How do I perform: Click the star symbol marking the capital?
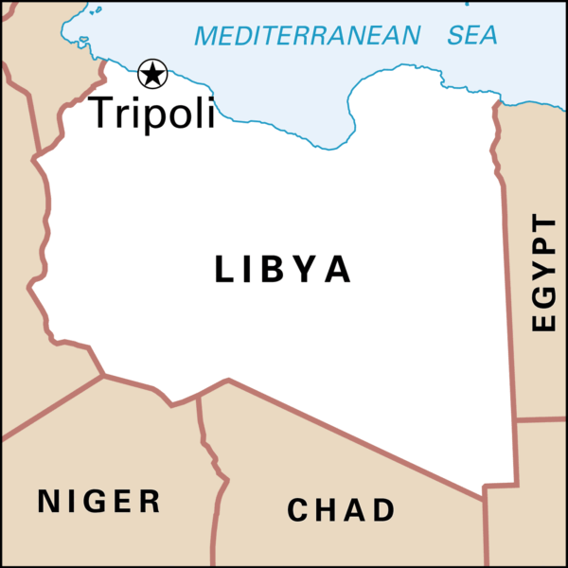coord(152,73)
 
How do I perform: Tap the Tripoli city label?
coord(151,112)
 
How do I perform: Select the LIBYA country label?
coord(283,270)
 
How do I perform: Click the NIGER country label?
coord(99,501)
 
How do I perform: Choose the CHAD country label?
coord(341,510)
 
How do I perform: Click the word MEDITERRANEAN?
coord(307,36)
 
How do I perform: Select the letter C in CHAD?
coord(298,510)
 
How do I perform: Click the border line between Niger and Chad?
coord(217,473)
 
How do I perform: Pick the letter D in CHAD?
coord(383,510)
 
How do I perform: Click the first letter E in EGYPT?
coord(543,321)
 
